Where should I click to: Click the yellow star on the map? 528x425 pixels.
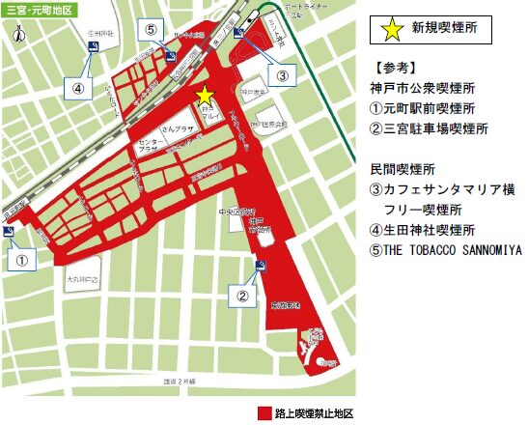click(x=204, y=95)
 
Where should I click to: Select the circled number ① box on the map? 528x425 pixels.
click(x=25, y=258)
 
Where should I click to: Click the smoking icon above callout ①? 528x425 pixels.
click(x=9, y=232)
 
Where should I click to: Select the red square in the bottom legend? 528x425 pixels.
click(x=264, y=412)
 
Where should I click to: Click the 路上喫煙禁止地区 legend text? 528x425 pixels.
click(x=315, y=412)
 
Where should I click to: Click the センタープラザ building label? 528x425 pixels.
click(x=146, y=147)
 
